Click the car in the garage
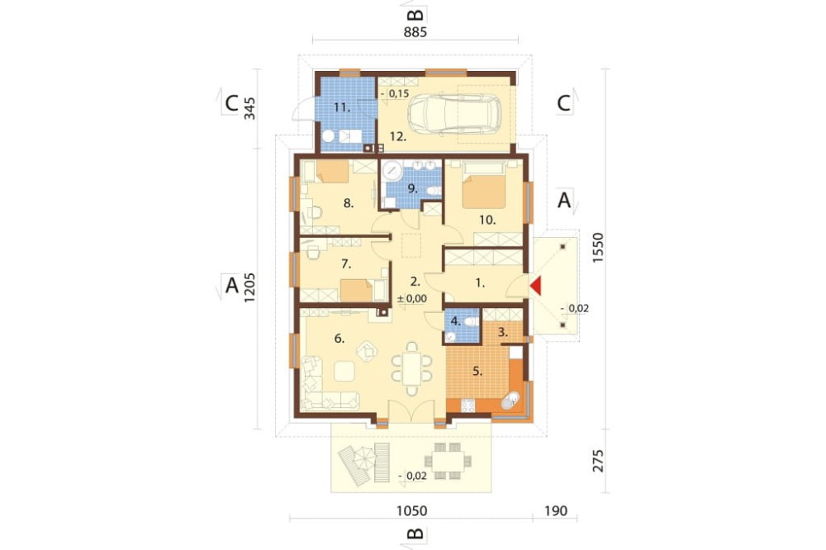click(x=454, y=113)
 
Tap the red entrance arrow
click(x=536, y=286)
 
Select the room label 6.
click(x=339, y=339)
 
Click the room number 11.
click(x=342, y=107)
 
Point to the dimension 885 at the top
click(x=415, y=32)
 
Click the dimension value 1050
click(x=412, y=510)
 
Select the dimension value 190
click(x=556, y=510)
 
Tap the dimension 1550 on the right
click(x=598, y=248)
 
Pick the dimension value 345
click(x=249, y=108)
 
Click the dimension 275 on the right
click(x=598, y=461)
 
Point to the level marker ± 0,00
click(x=412, y=299)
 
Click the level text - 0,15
click(x=395, y=94)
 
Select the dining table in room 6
click(x=412, y=368)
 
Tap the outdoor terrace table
click(x=449, y=462)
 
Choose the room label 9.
click(x=412, y=188)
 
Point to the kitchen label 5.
click(x=477, y=372)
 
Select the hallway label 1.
click(x=480, y=283)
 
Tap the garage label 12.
click(x=398, y=136)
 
